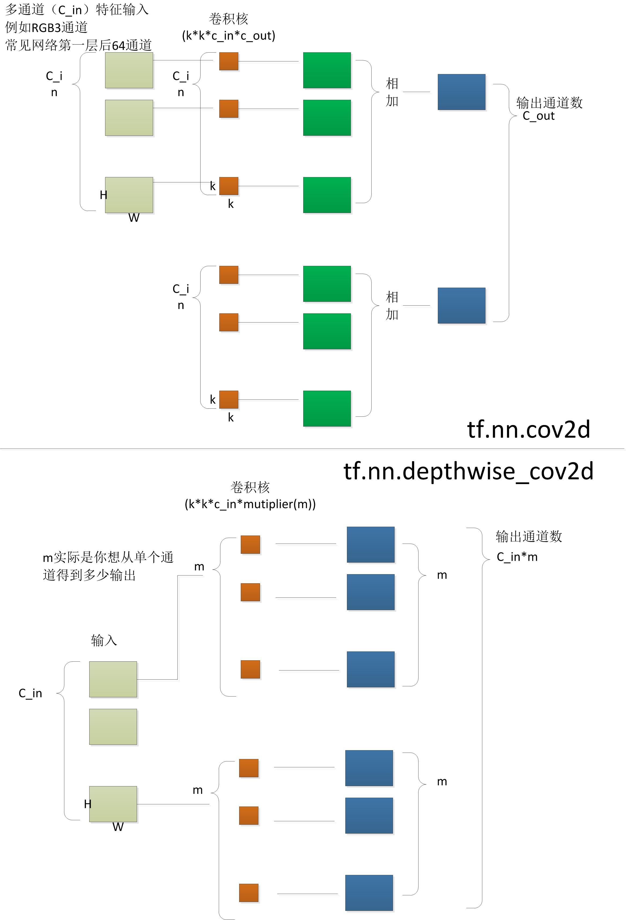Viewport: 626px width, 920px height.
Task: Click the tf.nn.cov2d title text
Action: click(x=528, y=430)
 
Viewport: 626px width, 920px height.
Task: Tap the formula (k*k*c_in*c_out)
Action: click(x=229, y=36)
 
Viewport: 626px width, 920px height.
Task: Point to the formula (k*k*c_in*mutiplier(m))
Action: click(x=250, y=504)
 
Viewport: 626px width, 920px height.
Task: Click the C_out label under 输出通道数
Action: click(x=539, y=116)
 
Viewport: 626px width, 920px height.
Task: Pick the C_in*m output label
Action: click(x=517, y=557)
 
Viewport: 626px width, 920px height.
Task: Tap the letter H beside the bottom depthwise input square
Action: click(x=87, y=804)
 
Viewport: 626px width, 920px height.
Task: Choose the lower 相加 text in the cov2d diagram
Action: click(x=392, y=306)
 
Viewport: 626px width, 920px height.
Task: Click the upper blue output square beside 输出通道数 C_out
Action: click(x=461, y=92)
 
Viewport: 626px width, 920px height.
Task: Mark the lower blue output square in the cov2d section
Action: click(x=461, y=306)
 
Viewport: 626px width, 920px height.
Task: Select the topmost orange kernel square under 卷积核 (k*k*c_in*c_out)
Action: click(x=229, y=61)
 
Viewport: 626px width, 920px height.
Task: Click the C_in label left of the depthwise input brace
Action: click(x=31, y=693)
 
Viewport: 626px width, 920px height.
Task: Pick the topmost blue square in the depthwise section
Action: click(x=371, y=544)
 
